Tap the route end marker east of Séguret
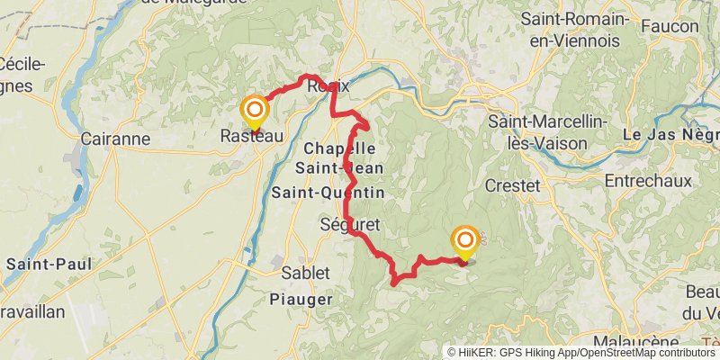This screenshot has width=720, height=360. (x=465, y=240)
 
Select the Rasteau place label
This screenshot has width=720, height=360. (x=252, y=136)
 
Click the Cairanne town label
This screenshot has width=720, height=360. (x=115, y=139)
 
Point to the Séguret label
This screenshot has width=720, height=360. (x=351, y=224)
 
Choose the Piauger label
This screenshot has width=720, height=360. (x=301, y=298)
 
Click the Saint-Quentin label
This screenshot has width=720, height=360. (x=328, y=193)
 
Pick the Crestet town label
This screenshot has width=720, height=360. (x=512, y=185)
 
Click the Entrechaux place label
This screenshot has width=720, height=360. (x=648, y=181)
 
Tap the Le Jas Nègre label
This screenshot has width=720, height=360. (x=670, y=135)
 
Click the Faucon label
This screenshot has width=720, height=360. (x=670, y=26)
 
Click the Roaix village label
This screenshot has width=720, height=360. (x=328, y=86)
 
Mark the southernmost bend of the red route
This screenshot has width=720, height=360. (x=395, y=283)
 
